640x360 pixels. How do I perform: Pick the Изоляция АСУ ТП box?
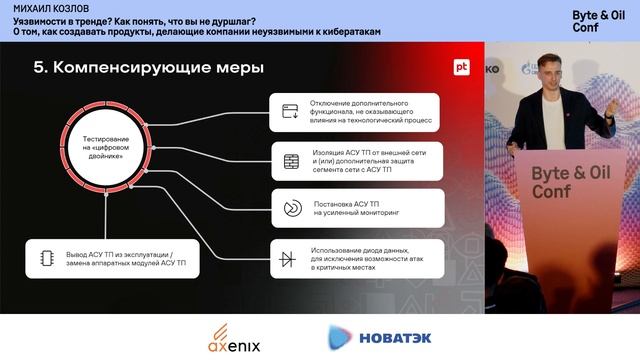coord(356,160)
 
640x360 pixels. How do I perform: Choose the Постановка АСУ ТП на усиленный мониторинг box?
coord(356,208)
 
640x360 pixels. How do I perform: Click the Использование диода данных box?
coord(356,256)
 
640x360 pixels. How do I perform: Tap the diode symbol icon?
coord(289,257)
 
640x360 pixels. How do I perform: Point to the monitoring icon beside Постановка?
coord(291,208)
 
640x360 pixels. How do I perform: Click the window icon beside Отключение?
coord(291,112)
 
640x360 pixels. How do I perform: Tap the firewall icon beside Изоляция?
coord(291,160)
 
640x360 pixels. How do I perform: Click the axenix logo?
coord(235,339)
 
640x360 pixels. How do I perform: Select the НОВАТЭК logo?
coord(380,338)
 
